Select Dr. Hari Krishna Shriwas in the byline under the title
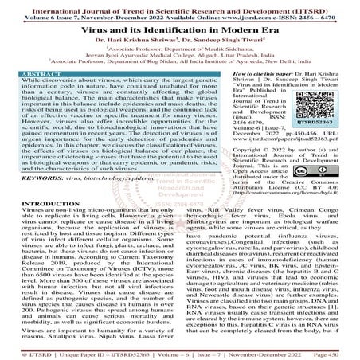(135, 39)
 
